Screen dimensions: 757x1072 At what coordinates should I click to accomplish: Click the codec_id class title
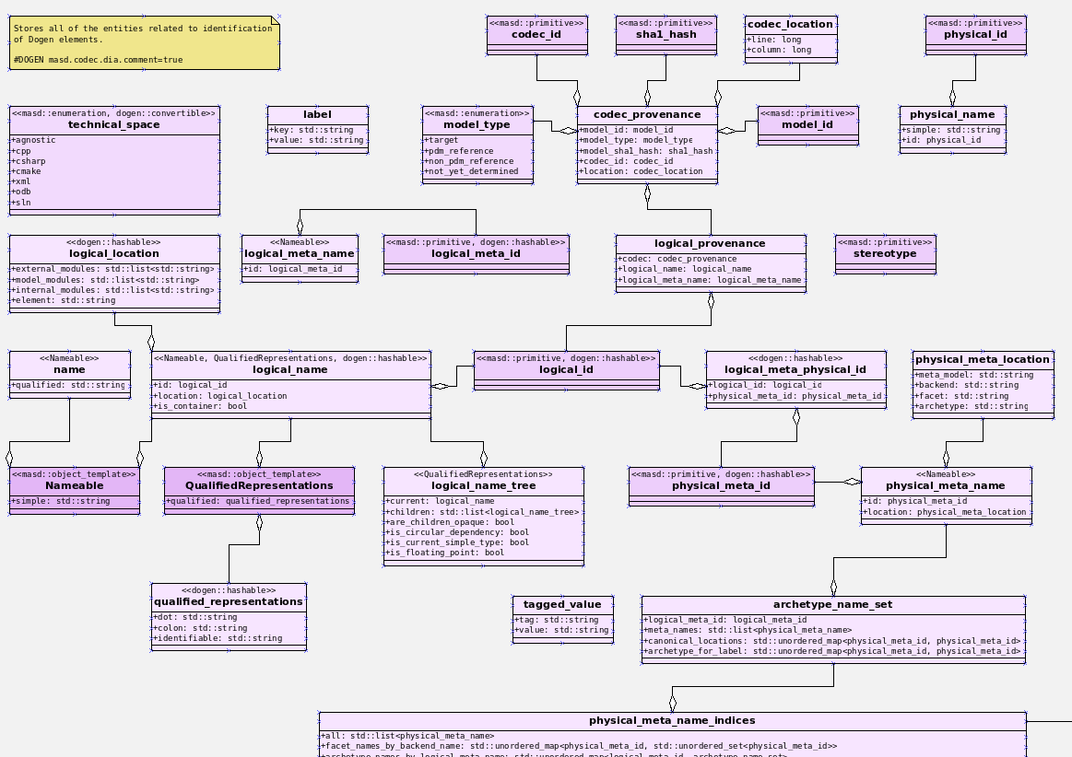tap(536, 34)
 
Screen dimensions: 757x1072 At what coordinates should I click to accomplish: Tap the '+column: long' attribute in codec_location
tap(779, 50)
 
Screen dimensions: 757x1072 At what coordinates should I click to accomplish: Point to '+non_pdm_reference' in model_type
tap(470, 161)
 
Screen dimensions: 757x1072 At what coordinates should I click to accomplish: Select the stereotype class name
tap(885, 253)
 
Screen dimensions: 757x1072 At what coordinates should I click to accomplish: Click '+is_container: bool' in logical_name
tap(201, 406)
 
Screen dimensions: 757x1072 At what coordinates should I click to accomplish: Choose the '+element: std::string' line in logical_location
tap(64, 300)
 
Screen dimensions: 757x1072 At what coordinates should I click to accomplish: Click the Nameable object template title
tap(75, 485)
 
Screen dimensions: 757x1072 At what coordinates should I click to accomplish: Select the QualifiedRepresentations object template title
tap(259, 485)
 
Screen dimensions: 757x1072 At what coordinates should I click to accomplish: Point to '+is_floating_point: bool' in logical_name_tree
tap(444, 553)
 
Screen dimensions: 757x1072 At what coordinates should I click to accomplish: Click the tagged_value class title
tap(562, 605)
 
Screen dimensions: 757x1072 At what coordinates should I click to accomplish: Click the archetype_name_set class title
tap(833, 605)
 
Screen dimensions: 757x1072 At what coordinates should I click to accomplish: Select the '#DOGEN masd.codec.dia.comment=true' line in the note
tap(98, 60)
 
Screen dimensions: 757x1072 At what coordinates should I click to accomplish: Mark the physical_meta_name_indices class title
tap(672, 720)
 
